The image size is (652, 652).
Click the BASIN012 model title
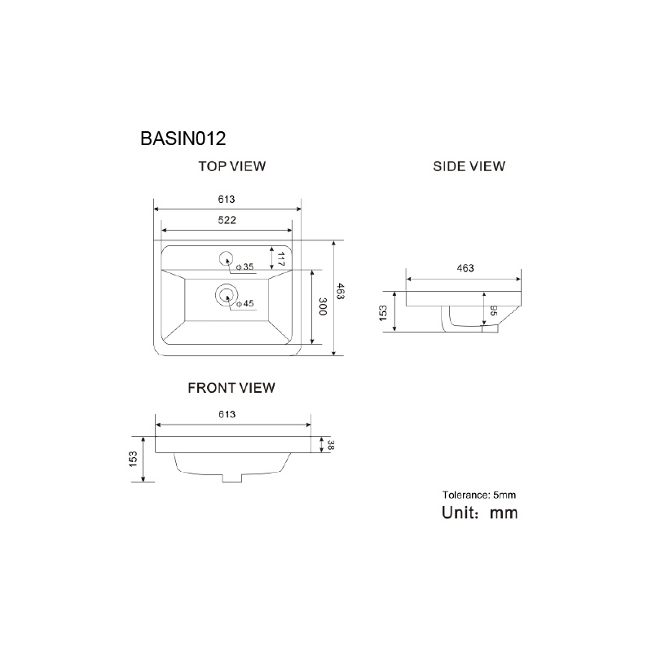coord(183,139)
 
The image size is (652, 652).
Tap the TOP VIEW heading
coord(232,166)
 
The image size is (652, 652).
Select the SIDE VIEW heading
coord(469,166)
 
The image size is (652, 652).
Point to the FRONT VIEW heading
coord(231,388)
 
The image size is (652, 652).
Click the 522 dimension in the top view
coord(227,220)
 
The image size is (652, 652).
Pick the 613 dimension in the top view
coord(227,200)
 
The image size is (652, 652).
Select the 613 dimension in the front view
coord(227,414)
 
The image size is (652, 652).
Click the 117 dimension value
coord(280,259)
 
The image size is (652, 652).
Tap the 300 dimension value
coord(323,306)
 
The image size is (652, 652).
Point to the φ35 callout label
coord(245,267)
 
